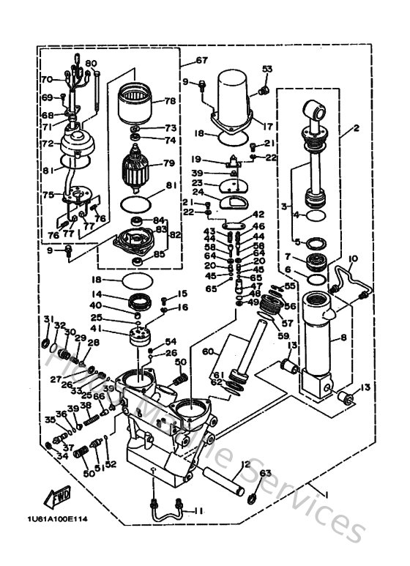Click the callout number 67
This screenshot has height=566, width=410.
201,60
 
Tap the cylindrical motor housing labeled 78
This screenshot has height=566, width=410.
136,103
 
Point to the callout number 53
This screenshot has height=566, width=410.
267,70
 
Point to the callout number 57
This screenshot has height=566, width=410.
286,321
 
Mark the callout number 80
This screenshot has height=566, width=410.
92,63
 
